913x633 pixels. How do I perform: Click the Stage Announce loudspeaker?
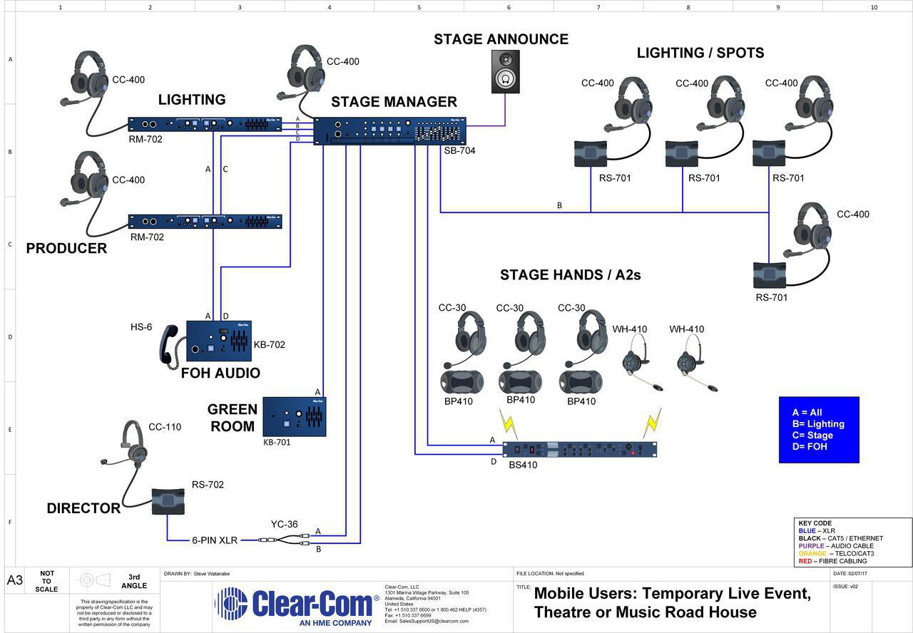pos(505,71)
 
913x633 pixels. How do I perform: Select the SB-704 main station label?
pos(459,151)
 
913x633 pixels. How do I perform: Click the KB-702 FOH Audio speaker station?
pos(219,341)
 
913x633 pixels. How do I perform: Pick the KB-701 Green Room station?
pos(295,417)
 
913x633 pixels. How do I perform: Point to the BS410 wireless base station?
pos(579,449)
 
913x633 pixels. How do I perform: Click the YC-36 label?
pos(284,525)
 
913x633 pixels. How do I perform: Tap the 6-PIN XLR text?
pos(215,540)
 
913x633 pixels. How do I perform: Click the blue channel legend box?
pos(819,430)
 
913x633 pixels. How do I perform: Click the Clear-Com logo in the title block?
pos(297,604)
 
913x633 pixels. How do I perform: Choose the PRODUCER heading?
pos(66,248)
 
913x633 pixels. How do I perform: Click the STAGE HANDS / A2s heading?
pos(570,275)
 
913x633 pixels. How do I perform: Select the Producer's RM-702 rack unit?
pos(205,222)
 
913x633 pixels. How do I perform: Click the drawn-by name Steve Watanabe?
pos(212,573)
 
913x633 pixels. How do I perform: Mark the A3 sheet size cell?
pos(15,580)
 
